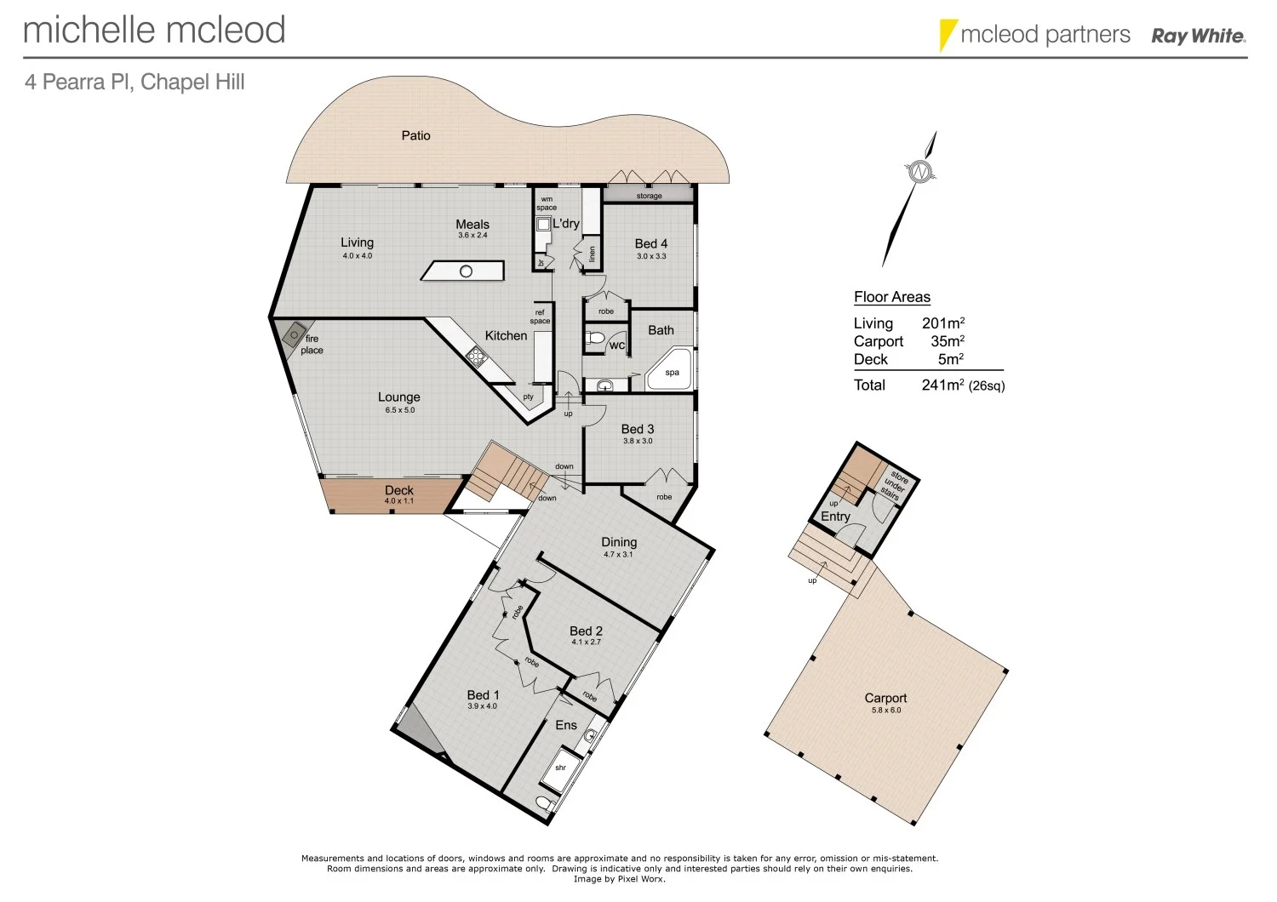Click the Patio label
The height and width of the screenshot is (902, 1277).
[x=415, y=135]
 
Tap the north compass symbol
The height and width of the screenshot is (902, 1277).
[x=919, y=172]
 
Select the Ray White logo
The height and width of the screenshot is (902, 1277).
[x=1198, y=36]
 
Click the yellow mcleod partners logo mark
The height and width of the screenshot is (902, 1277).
[x=947, y=35]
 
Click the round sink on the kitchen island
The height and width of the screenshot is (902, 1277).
[x=466, y=271]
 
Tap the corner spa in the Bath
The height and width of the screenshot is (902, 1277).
[x=670, y=370]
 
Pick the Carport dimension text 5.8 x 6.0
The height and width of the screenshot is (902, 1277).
[x=885, y=710]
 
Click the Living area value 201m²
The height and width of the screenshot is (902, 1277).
[x=942, y=323]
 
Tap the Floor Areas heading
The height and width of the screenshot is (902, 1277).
[x=891, y=297]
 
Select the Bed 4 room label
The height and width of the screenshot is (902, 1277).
[x=650, y=243]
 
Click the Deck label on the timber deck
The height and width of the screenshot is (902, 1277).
[x=398, y=490]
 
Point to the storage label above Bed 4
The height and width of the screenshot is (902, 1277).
[x=649, y=196]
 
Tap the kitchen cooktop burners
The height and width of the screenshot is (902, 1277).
[x=476, y=355]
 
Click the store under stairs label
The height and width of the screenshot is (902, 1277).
[x=894, y=485]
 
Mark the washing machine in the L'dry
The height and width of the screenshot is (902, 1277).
[x=543, y=225]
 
